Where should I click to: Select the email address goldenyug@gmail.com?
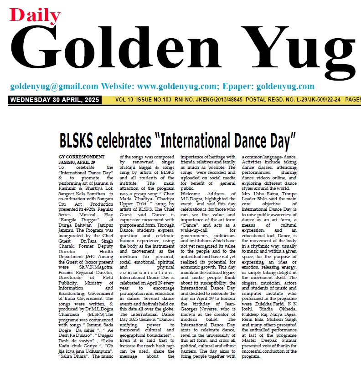pos(54,86)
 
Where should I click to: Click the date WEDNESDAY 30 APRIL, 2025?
pos(53,100)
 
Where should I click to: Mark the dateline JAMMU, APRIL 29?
pos(77,162)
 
